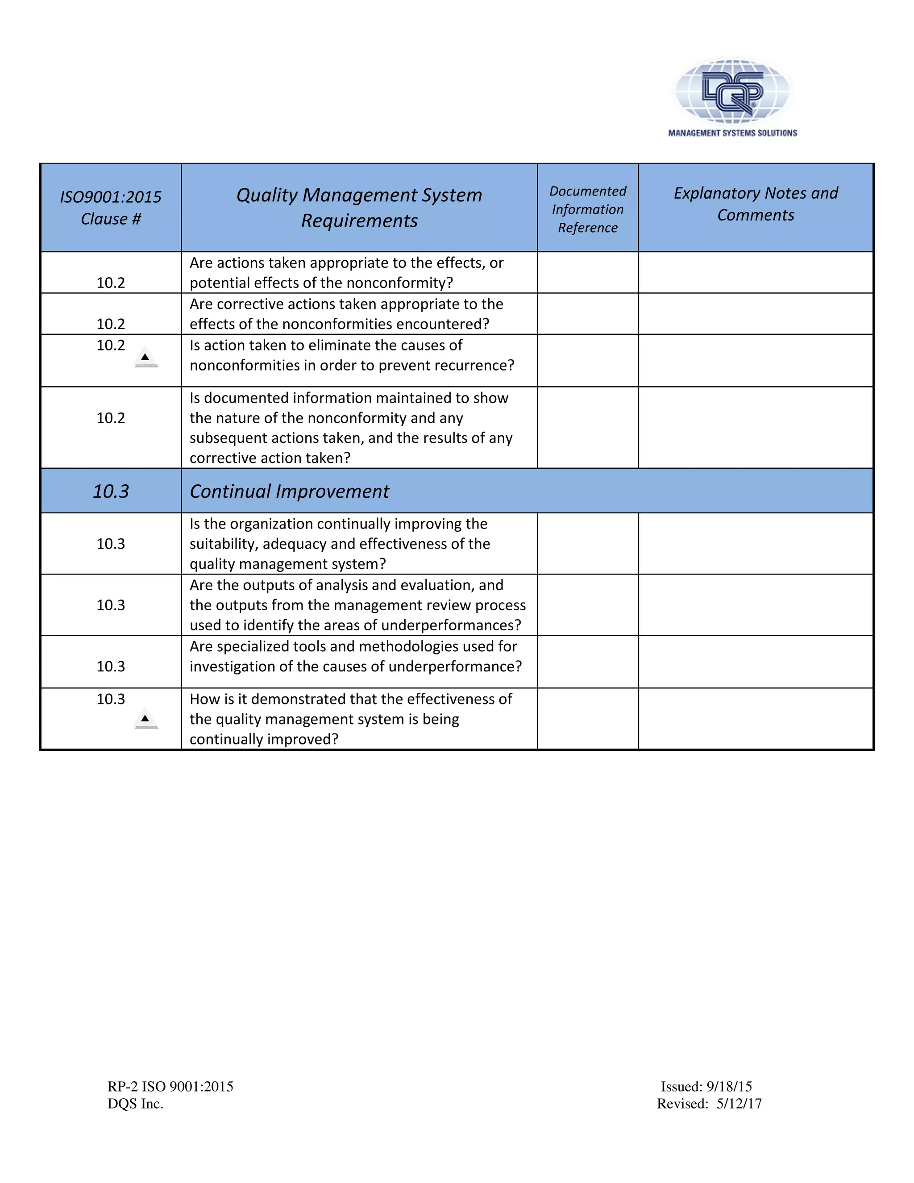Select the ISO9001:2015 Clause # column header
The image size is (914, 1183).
[x=111, y=208]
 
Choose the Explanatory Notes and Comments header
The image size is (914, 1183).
[x=756, y=204]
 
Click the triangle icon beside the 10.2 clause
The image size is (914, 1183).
[x=145, y=358]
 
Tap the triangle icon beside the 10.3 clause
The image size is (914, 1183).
[x=145, y=719]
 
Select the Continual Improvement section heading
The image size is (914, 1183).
[x=289, y=492]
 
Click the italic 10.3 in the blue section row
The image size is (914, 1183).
[x=111, y=492]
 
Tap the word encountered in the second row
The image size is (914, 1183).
[x=439, y=324]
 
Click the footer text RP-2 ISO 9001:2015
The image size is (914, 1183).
[x=170, y=1087]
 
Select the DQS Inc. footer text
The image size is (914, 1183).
[x=135, y=1104]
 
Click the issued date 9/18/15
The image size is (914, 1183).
[x=729, y=1087]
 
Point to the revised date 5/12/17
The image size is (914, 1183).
[x=739, y=1104]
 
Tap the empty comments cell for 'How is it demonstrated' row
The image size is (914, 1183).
[x=756, y=719]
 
